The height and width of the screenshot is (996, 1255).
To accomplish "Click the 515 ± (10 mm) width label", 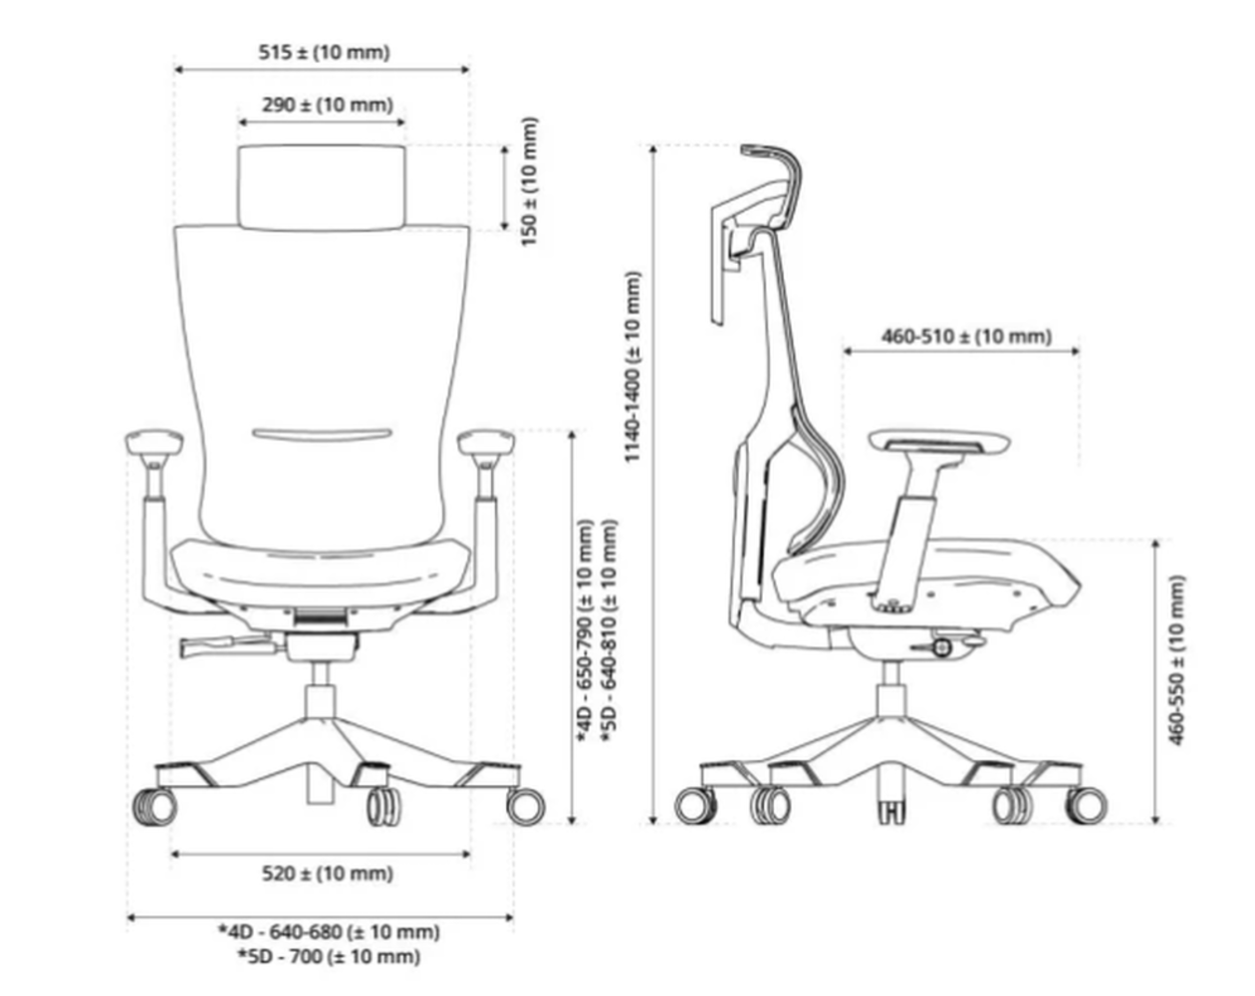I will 324,52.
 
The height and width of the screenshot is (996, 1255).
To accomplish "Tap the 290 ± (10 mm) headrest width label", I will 328,105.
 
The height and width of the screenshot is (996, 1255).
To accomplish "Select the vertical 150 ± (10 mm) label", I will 530,181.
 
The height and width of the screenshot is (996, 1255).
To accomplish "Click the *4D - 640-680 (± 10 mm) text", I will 330,932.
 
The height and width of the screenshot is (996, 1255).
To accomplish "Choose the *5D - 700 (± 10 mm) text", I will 330,956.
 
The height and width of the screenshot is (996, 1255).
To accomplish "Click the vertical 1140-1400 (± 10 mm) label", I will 632,369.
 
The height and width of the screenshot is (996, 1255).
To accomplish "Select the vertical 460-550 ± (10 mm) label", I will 1178,659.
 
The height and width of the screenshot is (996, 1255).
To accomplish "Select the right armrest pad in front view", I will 487,441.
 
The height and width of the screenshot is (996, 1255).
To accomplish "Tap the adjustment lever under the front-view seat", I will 229,647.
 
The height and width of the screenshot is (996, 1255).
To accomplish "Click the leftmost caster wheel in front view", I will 154,806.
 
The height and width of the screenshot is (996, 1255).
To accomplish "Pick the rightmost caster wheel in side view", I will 1086,805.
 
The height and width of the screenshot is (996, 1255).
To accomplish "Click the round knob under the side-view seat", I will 941,648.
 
